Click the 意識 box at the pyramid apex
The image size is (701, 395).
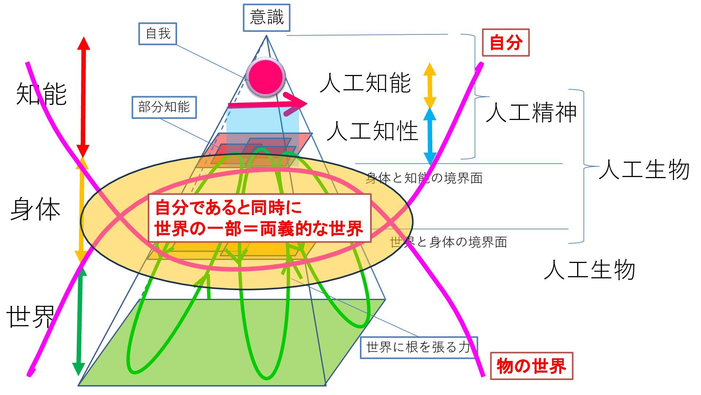267,18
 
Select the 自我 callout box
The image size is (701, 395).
158,34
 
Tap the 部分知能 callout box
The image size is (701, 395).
164,107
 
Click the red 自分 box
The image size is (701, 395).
506,42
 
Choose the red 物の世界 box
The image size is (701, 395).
531,366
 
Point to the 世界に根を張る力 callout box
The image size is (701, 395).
418,347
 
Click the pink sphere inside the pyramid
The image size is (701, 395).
265,77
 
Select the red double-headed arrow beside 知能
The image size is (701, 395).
83,97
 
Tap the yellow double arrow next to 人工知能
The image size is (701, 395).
430,85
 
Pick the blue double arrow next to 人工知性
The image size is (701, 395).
430,136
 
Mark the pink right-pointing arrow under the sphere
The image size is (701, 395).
268,104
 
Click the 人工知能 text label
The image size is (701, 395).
365,83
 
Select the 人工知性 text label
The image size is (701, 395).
372,131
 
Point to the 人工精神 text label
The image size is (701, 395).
531,112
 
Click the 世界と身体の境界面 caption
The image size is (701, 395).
448,242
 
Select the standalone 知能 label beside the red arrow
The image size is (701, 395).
41,94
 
